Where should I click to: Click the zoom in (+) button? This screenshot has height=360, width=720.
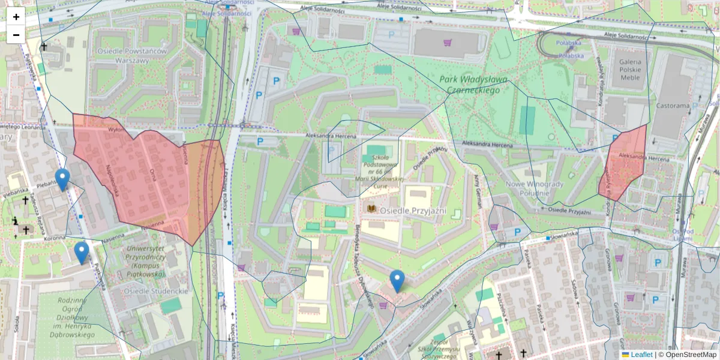(x=16, y=17)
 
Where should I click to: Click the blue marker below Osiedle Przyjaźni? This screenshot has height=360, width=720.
(x=397, y=280)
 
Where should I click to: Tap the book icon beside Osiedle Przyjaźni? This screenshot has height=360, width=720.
(x=372, y=208)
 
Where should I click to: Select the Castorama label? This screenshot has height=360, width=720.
(x=673, y=106)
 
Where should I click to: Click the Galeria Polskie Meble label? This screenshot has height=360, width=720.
(x=629, y=69)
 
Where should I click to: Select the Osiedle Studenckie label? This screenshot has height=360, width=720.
(x=156, y=290)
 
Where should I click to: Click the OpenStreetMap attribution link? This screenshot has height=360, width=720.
(x=690, y=355)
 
